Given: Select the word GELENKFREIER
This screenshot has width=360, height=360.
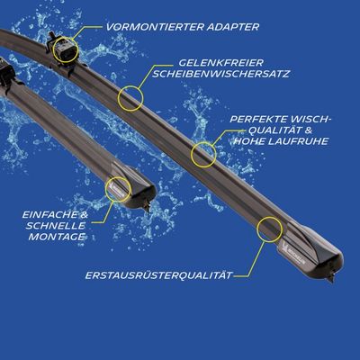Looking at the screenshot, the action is (221, 63).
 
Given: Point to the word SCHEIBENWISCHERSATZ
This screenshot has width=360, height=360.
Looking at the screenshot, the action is (220, 74).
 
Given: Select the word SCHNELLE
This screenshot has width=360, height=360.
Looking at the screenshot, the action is (56, 226).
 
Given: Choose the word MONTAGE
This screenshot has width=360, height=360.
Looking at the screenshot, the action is (57, 237).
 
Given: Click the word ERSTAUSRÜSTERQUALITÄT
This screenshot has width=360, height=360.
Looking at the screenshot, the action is (158, 275).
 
